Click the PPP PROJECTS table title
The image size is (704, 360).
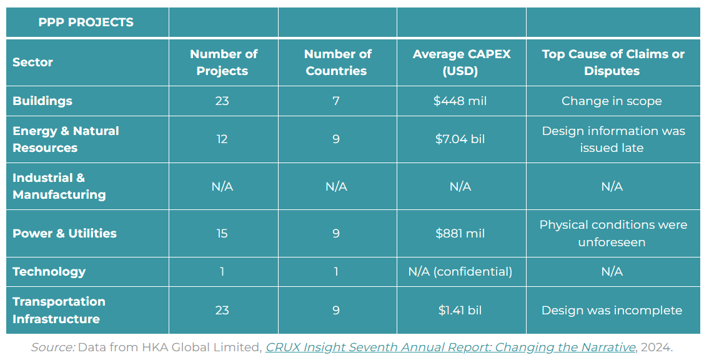pos(86,22)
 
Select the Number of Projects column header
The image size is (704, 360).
pos(223,62)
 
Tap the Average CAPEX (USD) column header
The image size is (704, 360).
pos(461,62)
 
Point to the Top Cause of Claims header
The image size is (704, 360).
pos(612,62)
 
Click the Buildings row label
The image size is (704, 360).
pos(42,101)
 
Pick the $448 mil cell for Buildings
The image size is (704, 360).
pos(460,101)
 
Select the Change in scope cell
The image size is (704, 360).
pos(612,101)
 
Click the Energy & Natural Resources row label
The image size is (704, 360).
pos(66,139)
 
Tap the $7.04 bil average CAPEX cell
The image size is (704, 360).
pos(460,139)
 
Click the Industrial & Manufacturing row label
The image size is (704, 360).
pos(59,186)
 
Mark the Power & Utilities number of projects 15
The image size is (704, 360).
pos(222,233)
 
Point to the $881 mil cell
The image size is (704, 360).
pos(460,233)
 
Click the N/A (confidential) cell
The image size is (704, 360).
pos(460,271)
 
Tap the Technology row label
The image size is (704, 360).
pos(49,271)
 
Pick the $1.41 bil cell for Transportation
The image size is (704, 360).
pos(460,310)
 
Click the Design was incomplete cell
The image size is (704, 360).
pos(612,310)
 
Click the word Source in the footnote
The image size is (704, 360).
pos(53,347)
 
